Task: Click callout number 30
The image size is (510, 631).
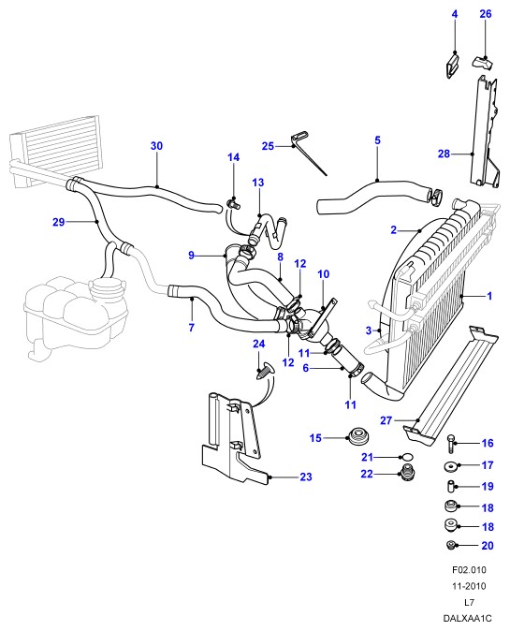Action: [156, 146]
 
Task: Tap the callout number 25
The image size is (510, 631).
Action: [268, 146]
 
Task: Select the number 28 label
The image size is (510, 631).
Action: [444, 154]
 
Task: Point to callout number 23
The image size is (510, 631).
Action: [306, 477]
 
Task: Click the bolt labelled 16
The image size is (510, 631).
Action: [450, 444]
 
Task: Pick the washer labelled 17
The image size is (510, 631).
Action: [450, 466]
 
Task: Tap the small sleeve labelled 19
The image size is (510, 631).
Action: [450, 487]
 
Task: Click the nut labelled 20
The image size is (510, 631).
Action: [450, 545]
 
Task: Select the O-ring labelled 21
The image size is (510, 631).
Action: [407, 457]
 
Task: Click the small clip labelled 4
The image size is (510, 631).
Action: [453, 66]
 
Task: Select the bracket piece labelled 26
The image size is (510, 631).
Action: [481, 63]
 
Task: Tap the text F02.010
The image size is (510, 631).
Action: [469, 570]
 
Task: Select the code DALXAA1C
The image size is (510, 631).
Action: [467, 618]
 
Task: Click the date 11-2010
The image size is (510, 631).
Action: [469, 586]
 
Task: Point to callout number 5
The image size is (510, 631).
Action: [377, 140]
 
